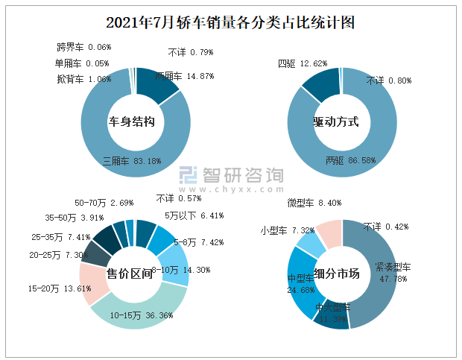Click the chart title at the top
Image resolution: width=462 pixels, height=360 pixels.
tap(230, 23)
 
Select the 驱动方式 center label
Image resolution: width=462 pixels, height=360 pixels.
tap(336, 121)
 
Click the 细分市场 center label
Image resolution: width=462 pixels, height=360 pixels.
tap(337, 274)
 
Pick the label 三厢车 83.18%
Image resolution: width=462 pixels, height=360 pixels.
tap(132, 160)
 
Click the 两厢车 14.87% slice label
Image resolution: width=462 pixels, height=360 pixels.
tap(185, 76)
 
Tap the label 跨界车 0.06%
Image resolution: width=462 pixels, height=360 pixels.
tap(83, 47)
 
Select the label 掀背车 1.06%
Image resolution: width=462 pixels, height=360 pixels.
tap(83, 79)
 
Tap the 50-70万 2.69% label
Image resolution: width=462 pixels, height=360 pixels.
tap(104, 203)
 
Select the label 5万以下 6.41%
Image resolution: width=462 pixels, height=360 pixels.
tap(194, 216)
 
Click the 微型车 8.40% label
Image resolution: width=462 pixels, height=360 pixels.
tap(314, 203)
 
